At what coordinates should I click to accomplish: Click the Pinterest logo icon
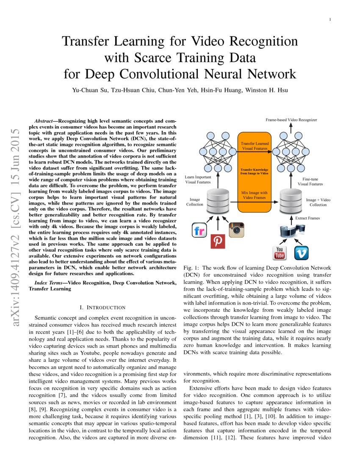click(218, 241)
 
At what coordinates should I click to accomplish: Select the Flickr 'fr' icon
click(199, 231)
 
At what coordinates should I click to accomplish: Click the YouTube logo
click(280, 252)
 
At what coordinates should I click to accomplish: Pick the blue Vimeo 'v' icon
click(301, 252)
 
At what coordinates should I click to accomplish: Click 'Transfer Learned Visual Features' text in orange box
click(255, 146)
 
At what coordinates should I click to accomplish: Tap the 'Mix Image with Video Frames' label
click(255, 195)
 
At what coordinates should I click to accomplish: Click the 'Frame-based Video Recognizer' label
click(291, 120)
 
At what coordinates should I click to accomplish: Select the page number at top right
click(330, 19)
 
